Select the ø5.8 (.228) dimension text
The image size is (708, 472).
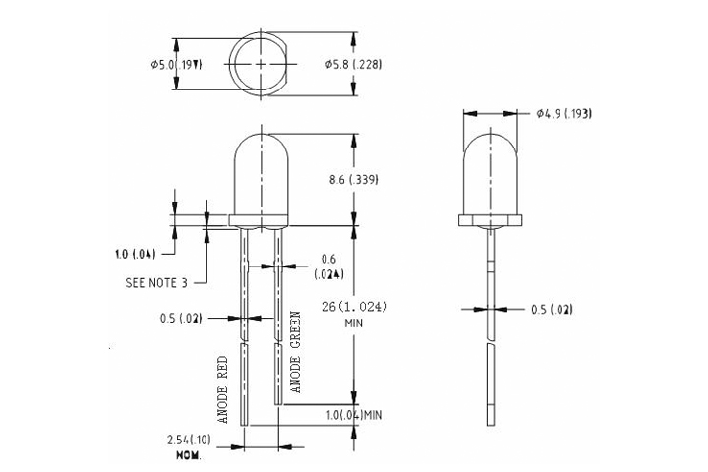click(353, 64)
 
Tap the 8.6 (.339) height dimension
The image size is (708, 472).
click(353, 180)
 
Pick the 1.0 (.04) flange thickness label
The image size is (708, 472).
click(135, 253)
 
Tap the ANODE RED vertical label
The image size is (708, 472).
click(223, 389)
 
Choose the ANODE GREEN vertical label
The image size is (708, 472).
click(295, 355)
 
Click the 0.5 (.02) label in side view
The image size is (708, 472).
click(552, 310)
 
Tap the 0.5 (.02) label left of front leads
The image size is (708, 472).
click(181, 318)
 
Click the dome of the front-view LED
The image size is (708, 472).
click(261, 172)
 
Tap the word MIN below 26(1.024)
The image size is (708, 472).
click(353, 323)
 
